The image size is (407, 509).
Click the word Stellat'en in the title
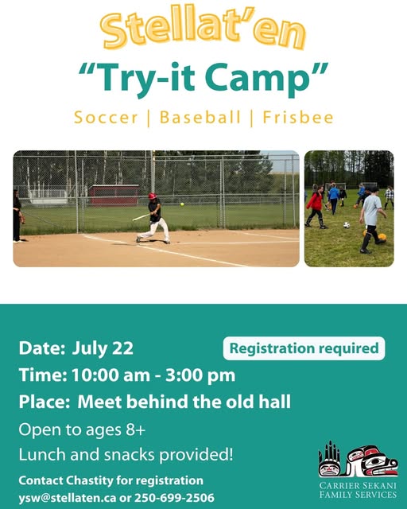point(203,29)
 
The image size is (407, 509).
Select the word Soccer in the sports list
point(106,117)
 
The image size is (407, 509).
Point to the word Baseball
point(200,117)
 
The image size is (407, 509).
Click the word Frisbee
point(298,117)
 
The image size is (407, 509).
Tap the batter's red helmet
point(152,196)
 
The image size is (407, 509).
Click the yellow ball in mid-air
point(182,204)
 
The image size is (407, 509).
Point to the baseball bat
point(141,217)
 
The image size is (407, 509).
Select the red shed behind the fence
point(114,195)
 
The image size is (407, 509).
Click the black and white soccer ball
point(347,224)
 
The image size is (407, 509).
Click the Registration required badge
point(304,348)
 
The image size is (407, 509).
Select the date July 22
point(103,348)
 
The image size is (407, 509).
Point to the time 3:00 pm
point(200,375)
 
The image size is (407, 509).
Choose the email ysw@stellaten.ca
point(68,498)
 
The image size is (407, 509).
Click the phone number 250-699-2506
point(174,498)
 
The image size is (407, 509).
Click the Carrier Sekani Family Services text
point(358,490)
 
